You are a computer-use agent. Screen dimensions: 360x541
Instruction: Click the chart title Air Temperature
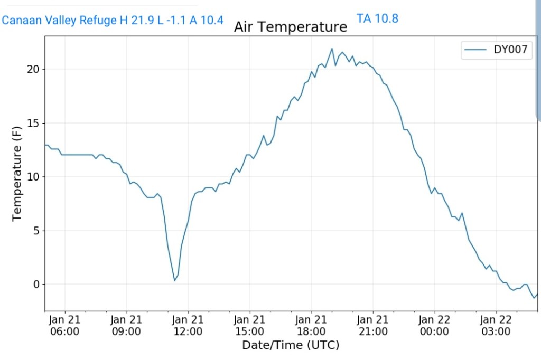291,26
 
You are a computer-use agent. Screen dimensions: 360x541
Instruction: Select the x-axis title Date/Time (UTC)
291,345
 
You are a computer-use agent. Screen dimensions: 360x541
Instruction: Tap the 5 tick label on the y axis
36,231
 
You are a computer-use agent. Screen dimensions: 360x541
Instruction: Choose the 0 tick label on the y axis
36,285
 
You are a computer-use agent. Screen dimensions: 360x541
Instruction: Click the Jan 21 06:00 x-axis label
65,325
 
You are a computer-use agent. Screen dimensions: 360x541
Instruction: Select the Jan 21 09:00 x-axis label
127,325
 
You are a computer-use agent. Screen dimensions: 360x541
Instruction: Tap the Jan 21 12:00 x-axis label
188,325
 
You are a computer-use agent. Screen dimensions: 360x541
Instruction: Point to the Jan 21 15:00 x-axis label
250,325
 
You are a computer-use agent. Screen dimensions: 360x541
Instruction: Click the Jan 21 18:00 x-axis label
311,325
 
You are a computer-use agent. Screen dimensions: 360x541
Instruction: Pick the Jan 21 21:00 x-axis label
373,325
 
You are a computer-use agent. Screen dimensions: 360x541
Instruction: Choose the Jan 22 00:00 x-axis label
434,325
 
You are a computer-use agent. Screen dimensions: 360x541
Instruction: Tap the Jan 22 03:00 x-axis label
496,325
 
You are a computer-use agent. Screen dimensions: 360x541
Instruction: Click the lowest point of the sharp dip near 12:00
175,280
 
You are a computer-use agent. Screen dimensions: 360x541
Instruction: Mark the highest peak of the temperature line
332,49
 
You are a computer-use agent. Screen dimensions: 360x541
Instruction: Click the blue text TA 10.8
377,19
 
